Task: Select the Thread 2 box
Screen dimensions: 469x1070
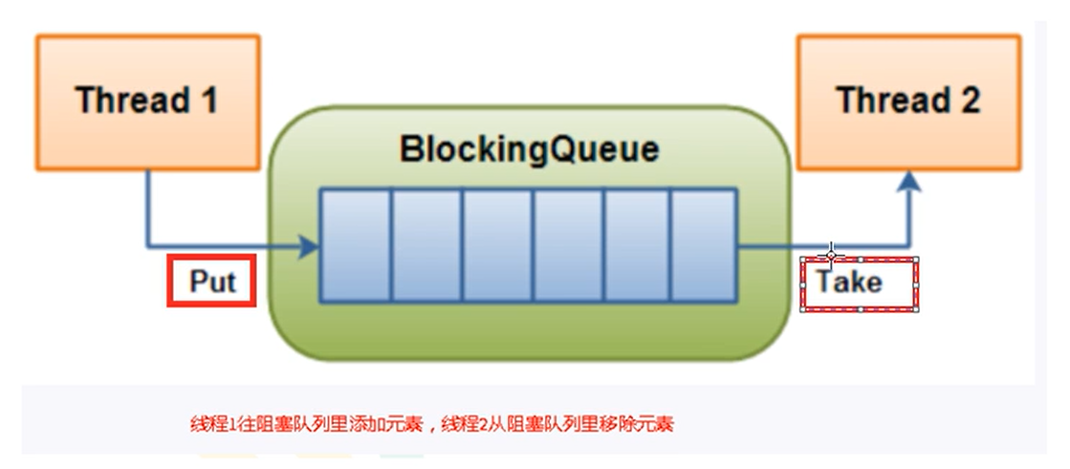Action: click(x=908, y=100)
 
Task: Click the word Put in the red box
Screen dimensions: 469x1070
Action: click(x=211, y=281)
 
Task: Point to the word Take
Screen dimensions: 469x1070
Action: click(x=849, y=281)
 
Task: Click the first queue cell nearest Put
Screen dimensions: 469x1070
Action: click(x=355, y=246)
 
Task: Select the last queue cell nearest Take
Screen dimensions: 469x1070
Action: click(x=703, y=246)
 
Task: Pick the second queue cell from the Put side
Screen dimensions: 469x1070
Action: click(x=426, y=246)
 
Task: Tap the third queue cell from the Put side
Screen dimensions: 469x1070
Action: click(x=497, y=246)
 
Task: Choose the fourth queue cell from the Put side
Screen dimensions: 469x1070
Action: click(x=568, y=246)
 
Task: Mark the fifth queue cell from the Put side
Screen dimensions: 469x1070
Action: click(x=637, y=246)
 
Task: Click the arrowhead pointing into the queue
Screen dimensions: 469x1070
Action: click(x=308, y=246)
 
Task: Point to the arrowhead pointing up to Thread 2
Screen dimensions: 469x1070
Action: click(x=910, y=184)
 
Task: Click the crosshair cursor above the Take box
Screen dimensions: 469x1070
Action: click(x=831, y=255)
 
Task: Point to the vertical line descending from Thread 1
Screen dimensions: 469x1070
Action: click(x=147, y=206)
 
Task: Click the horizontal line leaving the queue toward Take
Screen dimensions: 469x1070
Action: click(x=779, y=246)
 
